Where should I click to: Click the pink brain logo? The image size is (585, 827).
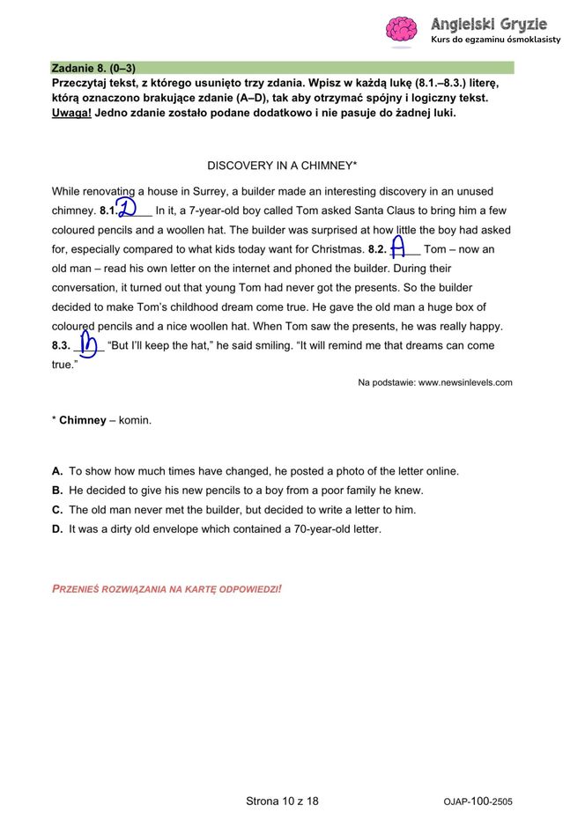click(401, 29)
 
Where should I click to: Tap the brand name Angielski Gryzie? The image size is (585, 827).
click(488, 24)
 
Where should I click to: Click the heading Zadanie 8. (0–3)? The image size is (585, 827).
click(93, 68)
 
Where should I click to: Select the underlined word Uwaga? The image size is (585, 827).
click(71, 113)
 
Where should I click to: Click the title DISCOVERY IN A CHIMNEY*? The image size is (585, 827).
click(282, 166)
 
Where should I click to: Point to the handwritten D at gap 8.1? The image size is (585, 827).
click(127, 209)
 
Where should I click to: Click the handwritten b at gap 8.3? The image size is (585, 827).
click(88, 344)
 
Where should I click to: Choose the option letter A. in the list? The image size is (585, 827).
click(57, 471)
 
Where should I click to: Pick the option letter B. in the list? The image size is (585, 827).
click(57, 491)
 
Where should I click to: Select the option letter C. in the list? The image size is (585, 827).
click(57, 510)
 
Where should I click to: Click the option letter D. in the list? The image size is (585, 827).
click(57, 529)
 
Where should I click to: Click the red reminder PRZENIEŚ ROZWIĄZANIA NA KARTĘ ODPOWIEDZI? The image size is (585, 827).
click(167, 587)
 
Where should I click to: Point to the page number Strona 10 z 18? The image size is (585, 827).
click(282, 801)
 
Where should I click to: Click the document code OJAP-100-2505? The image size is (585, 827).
click(478, 802)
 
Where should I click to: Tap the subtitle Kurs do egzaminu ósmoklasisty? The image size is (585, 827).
click(495, 40)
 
